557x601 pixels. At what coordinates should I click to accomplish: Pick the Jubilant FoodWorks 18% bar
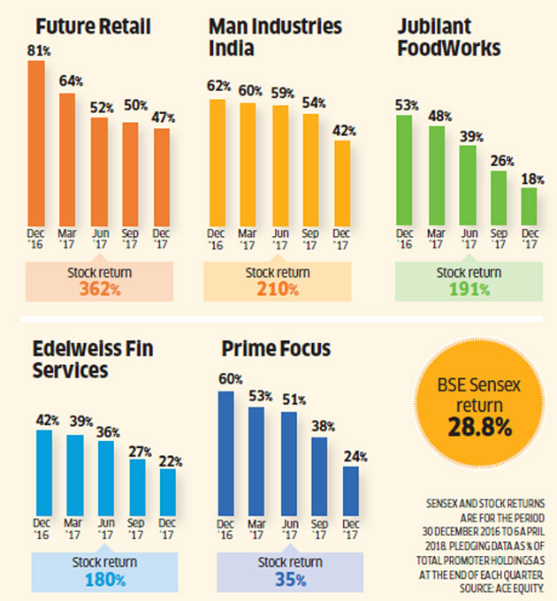[529, 206]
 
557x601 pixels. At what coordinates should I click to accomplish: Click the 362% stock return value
[97, 289]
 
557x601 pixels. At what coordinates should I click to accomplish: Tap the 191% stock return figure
[469, 289]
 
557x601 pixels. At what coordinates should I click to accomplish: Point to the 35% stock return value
[289, 579]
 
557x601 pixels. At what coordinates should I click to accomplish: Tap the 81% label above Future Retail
[37, 52]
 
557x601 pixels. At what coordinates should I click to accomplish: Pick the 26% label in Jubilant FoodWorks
[500, 161]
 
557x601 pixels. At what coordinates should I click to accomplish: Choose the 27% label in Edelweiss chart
[137, 451]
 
